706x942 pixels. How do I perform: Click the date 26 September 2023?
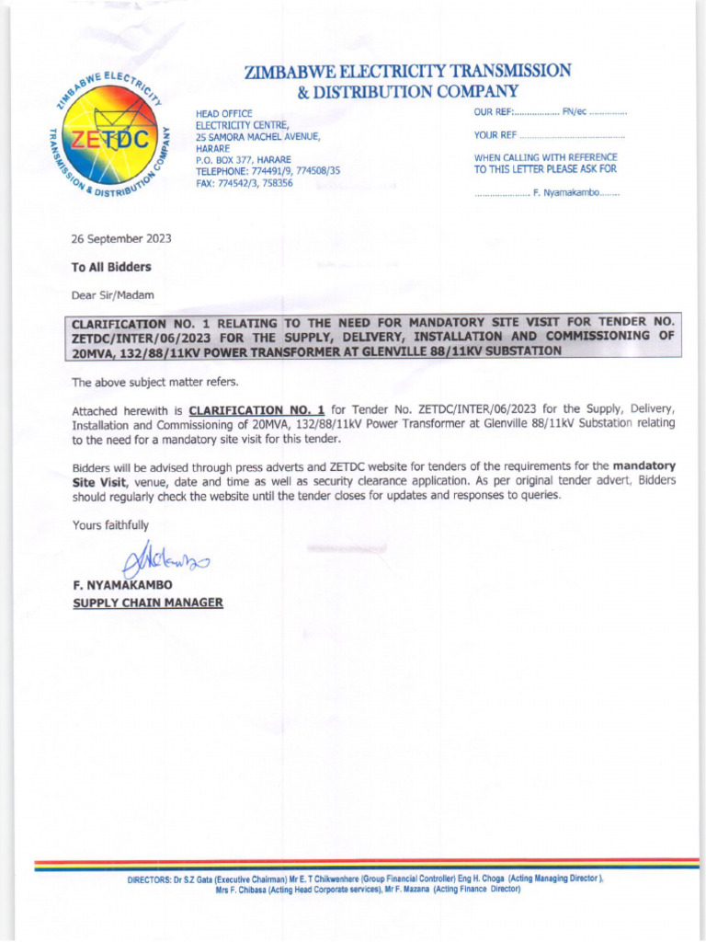121,238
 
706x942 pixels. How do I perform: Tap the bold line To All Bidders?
111,267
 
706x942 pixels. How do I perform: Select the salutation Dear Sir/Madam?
113,295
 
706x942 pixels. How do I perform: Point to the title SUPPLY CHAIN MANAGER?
147,603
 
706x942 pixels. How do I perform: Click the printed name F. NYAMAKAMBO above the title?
120,585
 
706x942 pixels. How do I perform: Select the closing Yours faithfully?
109,524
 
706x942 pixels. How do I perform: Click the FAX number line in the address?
244,183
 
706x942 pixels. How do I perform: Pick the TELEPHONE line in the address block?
268,171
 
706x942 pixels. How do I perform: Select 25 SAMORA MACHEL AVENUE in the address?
257,136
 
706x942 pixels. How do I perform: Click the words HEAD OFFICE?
223,112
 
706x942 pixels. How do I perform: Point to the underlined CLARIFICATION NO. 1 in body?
256,408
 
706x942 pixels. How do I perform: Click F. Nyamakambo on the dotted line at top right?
566,194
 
